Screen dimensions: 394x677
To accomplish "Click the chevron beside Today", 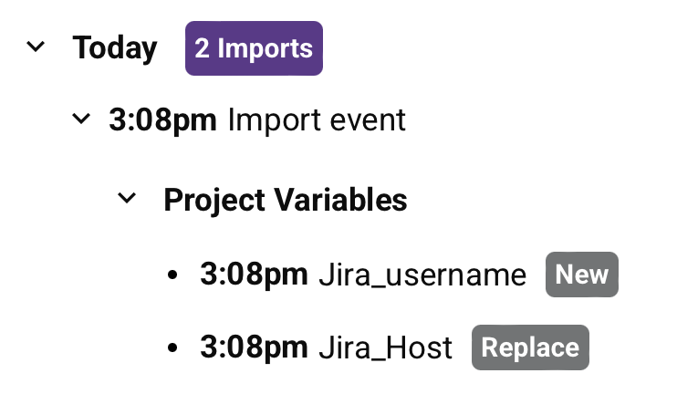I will tap(36, 47).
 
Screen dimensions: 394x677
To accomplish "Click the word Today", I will tap(115, 48).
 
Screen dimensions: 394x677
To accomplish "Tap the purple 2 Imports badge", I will tap(254, 48).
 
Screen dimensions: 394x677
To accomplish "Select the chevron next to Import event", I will tap(81, 119).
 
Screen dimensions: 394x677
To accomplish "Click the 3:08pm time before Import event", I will tap(162, 119).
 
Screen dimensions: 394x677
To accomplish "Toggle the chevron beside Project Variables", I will tap(127, 197).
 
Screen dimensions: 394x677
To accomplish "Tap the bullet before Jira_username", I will tap(173, 275).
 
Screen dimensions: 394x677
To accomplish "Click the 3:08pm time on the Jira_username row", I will tap(254, 275).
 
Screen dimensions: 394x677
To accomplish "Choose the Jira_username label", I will tap(422, 275).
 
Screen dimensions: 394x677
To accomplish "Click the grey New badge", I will tap(582, 275).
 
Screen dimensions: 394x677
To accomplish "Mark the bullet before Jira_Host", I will tap(173, 348).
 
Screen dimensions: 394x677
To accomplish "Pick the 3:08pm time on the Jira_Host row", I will tap(254, 347).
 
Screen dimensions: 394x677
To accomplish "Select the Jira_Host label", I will tap(385, 348).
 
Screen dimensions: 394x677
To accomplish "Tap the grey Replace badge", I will tap(530, 347).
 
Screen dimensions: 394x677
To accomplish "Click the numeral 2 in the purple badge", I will tap(202, 48).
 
